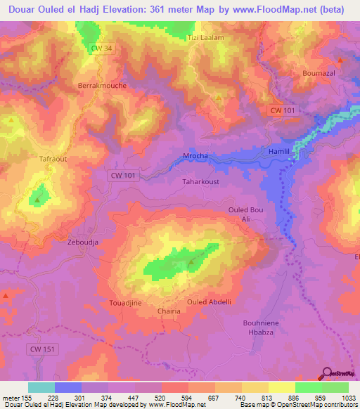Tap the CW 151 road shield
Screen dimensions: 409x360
[44, 349]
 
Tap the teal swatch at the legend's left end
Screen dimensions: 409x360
[41, 387]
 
